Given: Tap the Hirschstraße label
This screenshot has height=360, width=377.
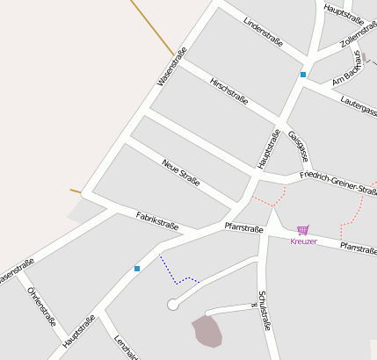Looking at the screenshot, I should pyautogui.click(x=229, y=91).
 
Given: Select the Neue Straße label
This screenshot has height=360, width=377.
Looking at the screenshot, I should pyautogui.click(x=181, y=173).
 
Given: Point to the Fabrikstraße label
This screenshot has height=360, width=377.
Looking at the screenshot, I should pyautogui.click(x=157, y=220).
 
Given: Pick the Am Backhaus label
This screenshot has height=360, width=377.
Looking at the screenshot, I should pyautogui.click(x=348, y=67).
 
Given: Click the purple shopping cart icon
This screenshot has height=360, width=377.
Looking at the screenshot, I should pyautogui.click(x=303, y=230).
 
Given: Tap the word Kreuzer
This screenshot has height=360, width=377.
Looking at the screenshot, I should pyautogui.click(x=303, y=241).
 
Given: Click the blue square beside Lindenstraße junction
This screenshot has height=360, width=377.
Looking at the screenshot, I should pyautogui.click(x=303, y=76).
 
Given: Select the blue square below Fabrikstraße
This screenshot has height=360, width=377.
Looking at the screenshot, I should pyautogui.click(x=137, y=268).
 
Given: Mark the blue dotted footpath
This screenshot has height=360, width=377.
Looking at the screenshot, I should pyautogui.click(x=176, y=274).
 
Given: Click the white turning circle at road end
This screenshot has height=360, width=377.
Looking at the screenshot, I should pyautogui.click(x=172, y=305).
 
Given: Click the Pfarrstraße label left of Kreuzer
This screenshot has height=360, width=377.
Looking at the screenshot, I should pyautogui.click(x=243, y=228).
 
